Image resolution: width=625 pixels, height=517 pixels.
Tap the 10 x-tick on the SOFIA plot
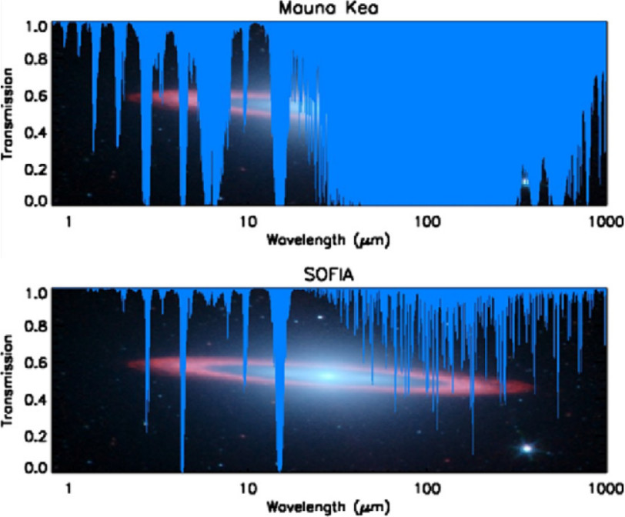[x=247, y=488]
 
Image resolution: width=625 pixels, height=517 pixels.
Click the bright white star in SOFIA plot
[x=527, y=448]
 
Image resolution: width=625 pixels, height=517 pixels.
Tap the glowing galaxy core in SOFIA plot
[x=327, y=375]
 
